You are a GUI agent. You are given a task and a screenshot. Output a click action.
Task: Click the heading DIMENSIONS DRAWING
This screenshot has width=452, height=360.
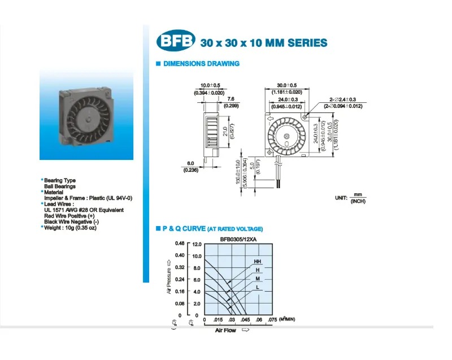(x=201, y=64)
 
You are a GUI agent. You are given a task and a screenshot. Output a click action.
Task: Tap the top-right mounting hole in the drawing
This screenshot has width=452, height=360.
(x=306, y=116)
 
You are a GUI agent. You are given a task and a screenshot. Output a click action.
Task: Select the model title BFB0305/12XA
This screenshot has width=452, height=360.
(x=239, y=239)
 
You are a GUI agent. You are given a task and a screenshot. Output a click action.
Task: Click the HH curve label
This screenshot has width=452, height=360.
(x=257, y=262)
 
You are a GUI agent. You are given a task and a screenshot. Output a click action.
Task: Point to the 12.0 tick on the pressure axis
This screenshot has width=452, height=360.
(x=197, y=245)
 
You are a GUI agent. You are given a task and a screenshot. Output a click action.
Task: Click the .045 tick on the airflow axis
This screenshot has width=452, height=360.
(x=247, y=320)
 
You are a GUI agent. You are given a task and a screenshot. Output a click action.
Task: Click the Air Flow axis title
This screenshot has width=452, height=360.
(x=225, y=330)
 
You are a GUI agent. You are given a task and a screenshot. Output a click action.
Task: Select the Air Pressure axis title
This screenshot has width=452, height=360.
(x=168, y=278)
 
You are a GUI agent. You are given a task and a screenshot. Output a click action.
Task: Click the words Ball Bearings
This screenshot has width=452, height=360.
(x=60, y=186)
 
